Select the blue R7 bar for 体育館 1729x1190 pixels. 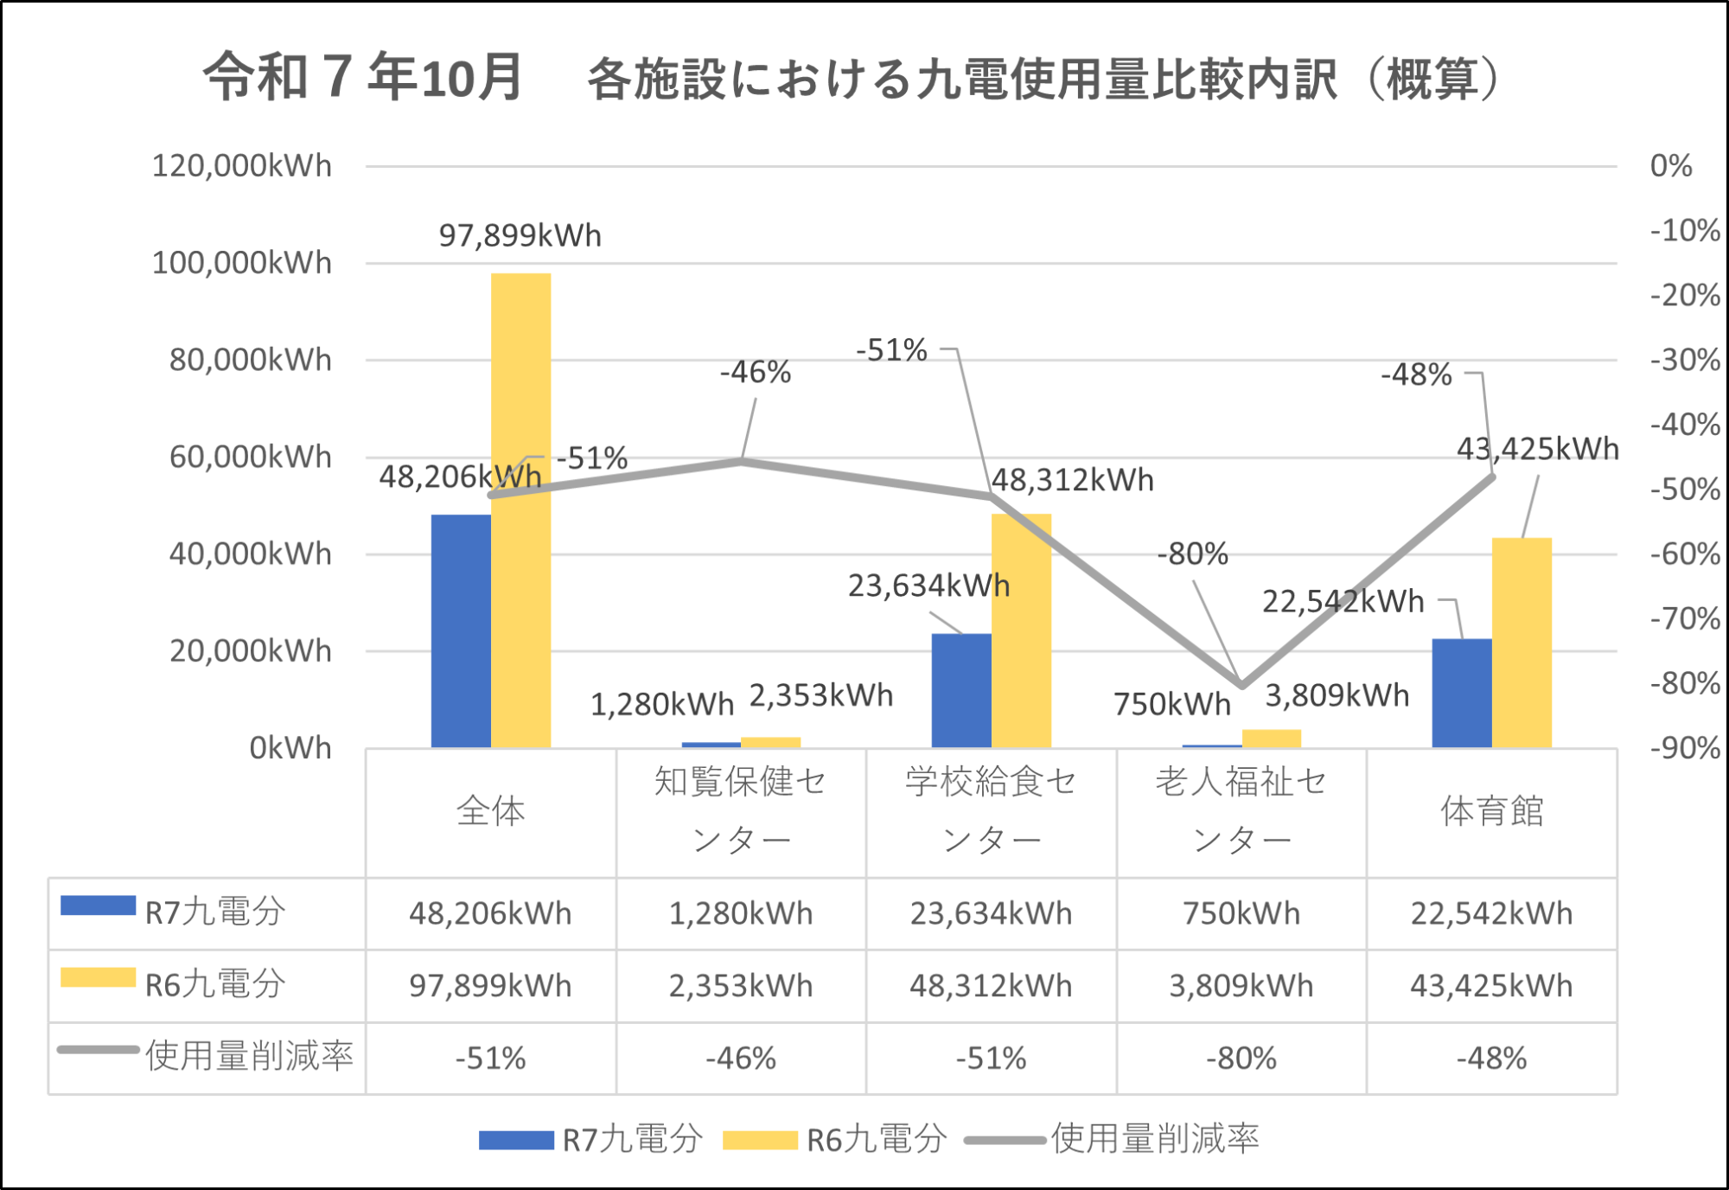[1461, 693]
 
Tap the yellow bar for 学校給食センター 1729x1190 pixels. [1021, 630]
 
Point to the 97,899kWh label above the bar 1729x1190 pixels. [520, 235]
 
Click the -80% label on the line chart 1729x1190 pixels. [1192, 554]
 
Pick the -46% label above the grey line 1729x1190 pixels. [755, 373]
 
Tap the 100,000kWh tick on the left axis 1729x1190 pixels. [241, 263]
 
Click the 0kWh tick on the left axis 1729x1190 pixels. [290, 748]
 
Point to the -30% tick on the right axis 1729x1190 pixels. [1684, 360]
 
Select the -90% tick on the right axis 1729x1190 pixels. [1684, 748]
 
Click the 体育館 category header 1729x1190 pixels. [1491, 811]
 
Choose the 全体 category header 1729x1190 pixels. [490, 811]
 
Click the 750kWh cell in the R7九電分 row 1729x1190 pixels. [1241, 913]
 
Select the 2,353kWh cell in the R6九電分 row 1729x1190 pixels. [740, 986]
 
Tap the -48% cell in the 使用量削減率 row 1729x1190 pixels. [1491, 1059]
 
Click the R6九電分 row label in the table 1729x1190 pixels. [214, 984]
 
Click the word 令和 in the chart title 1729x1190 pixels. [256, 76]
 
